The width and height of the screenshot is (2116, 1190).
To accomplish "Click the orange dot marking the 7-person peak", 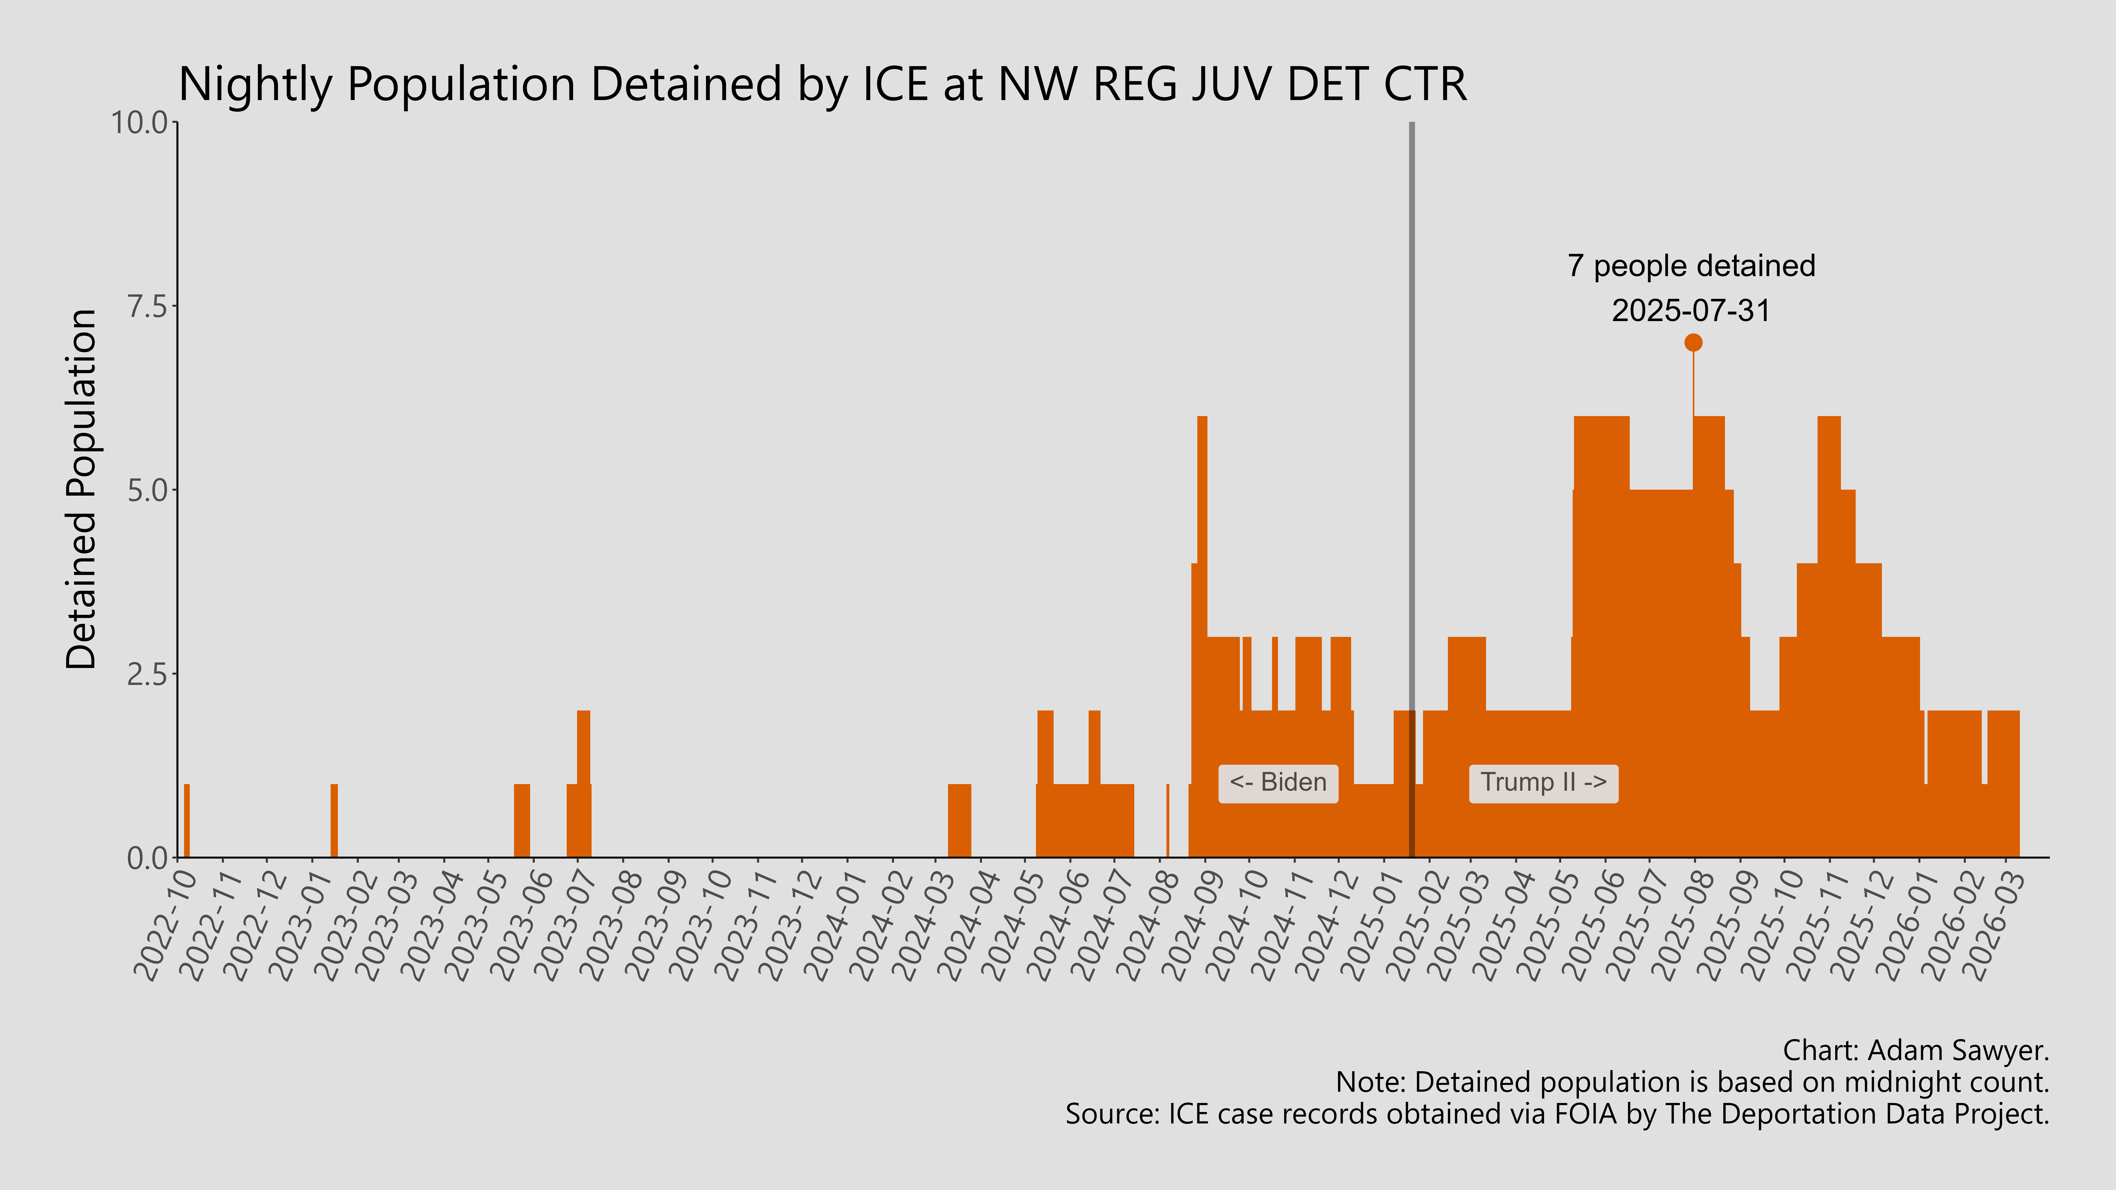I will pyautogui.click(x=1693, y=342).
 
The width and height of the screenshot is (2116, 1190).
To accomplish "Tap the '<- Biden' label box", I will pyautogui.click(x=1278, y=783).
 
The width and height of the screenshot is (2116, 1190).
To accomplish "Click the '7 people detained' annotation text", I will pyautogui.click(x=1691, y=266).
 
